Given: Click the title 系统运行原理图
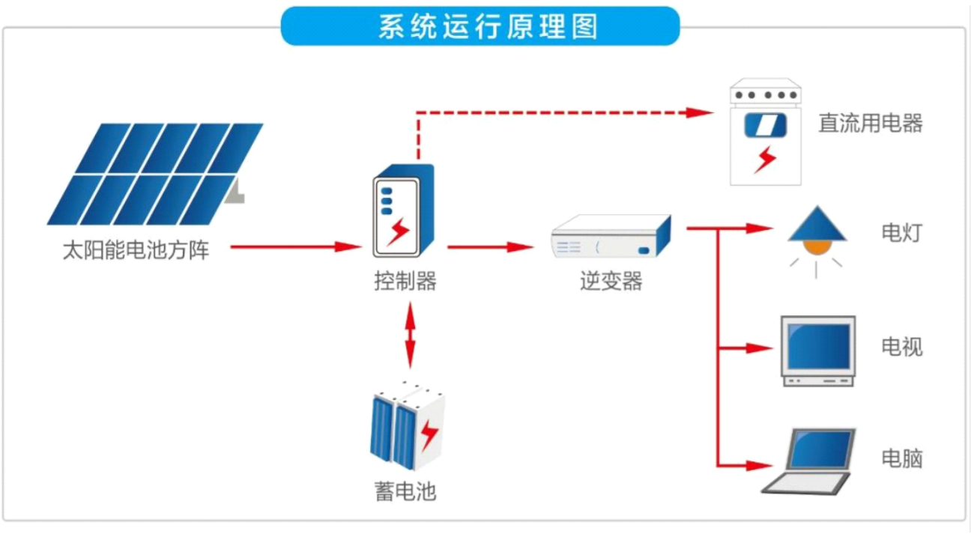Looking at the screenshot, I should [480, 26].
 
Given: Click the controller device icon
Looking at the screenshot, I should [404, 211].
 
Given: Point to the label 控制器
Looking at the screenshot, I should [405, 282].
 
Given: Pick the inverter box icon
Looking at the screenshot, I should [611, 237].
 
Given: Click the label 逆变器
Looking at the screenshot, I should [611, 282].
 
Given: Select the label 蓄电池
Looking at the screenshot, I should [405, 491].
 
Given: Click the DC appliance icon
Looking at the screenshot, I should [765, 133].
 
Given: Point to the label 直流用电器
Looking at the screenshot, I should [870, 124].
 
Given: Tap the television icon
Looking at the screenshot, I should [818, 350].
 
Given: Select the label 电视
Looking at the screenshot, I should [901, 347].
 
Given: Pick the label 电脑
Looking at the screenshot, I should [901, 458].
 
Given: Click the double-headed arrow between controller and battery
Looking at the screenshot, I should [410, 334].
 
